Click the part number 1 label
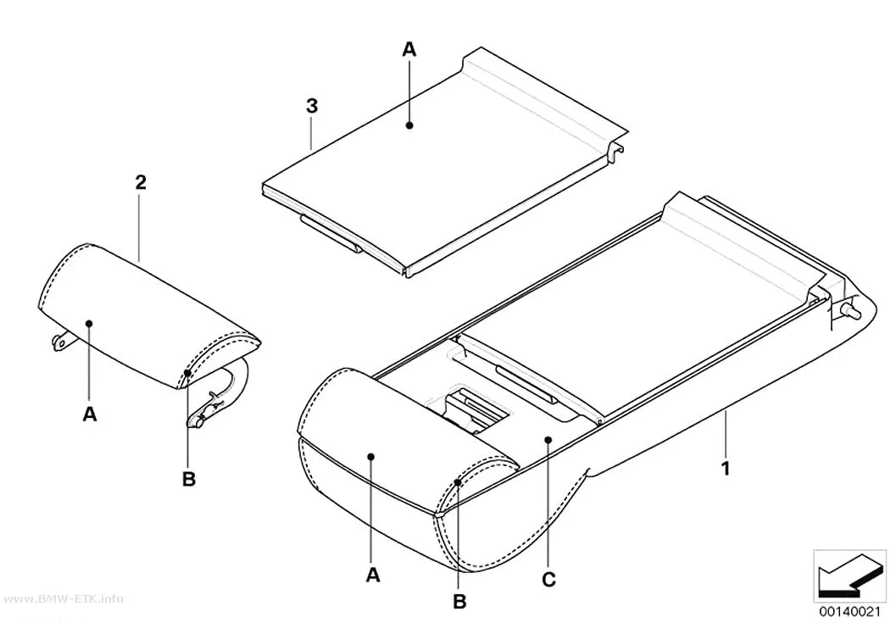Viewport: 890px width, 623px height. coord(725,469)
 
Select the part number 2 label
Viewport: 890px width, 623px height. coord(141,182)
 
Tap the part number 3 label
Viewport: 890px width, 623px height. coord(312,106)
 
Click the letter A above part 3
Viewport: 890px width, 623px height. coord(409,50)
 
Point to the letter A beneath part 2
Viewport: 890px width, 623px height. coord(90,414)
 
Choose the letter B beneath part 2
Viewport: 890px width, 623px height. coord(189,480)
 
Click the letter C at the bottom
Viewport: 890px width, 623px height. coord(549,579)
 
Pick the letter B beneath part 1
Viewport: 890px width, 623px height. coord(459,602)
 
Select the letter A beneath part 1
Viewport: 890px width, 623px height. coord(372,576)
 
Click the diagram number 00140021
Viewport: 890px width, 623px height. coord(849,612)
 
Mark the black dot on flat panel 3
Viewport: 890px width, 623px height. coord(409,125)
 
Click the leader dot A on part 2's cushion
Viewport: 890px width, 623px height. coord(89,324)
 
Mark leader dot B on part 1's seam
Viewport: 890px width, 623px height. coord(458,483)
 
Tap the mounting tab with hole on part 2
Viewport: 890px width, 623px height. coord(60,342)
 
